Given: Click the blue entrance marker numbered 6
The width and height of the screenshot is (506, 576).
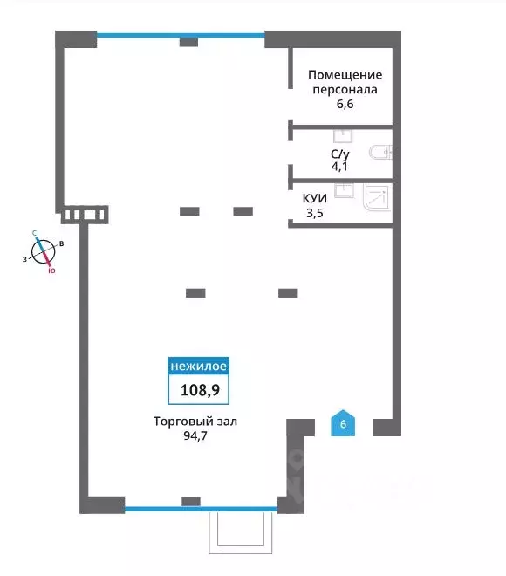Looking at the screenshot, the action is pyautogui.click(x=343, y=423).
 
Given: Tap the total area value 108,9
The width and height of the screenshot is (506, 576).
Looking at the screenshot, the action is pyautogui.click(x=200, y=390).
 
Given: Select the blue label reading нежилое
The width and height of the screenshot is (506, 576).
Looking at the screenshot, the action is pyautogui.click(x=199, y=366).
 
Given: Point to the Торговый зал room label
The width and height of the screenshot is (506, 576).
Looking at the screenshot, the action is pyautogui.click(x=195, y=421).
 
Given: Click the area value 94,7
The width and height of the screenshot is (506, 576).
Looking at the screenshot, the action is pyautogui.click(x=195, y=435).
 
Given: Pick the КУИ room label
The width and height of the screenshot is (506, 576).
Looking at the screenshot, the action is pyautogui.click(x=315, y=198).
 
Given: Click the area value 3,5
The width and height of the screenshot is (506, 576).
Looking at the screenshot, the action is pyautogui.click(x=315, y=213).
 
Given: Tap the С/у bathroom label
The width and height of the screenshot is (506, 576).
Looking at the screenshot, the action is pyautogui.click(x=340, y=154).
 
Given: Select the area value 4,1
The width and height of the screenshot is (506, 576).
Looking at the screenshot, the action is pyautogui.click(x=339, y=167).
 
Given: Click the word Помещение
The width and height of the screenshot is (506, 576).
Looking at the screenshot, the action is pyautogui.click(x=345, y=75).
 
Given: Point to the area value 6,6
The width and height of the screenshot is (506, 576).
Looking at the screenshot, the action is pyautogui.click(x=345, y=104).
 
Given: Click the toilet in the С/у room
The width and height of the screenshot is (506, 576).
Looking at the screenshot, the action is pyautogui.click(x=380, y=153).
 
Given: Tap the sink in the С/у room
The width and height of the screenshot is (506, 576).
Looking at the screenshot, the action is pyautogui.click(x=343, y=136).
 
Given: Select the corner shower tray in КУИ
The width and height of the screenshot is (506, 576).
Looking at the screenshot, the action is pyautogui.click(x=376, y=197).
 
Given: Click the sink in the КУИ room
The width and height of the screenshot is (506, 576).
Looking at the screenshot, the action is pyautogui.click(x=344, y=190).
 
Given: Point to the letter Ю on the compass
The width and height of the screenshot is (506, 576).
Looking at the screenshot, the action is pyautogui.click(x=51, y=271).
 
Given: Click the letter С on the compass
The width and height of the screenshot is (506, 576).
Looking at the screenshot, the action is pyautogui.click(x=35, y=233).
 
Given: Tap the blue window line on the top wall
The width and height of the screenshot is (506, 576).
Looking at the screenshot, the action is pyautogui.click(x=181, y=35).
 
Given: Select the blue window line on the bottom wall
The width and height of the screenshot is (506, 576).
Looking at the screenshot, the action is pyautogui.click(x=201, y=509).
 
